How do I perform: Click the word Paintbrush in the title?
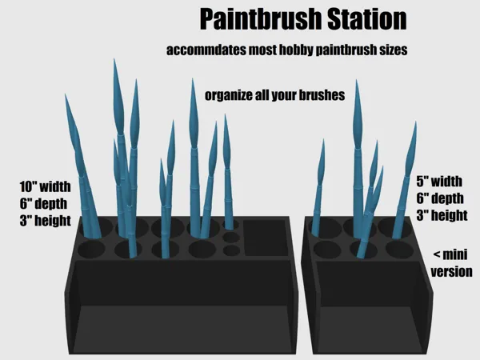tap(261, 19)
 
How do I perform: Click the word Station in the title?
tap(367, 19)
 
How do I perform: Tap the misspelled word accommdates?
tap(206, 50)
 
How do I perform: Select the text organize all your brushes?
tap(274, 95)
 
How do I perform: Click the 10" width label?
tap(45, 186)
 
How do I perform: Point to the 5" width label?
tap(439, 182)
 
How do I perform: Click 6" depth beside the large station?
tap(43, 203)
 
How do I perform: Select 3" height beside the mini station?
tap(442, 215)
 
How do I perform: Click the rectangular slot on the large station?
tap(266, 238)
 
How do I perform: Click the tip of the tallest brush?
tap(114, 59)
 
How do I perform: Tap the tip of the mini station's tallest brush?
tap(356, 81)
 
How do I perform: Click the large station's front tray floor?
tap(182, 329)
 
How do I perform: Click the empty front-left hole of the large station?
tap(91, 249)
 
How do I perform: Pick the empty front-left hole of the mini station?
tap(327, 250)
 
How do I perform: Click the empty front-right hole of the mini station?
tap(399, 250)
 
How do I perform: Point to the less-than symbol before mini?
tap(437, 254)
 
